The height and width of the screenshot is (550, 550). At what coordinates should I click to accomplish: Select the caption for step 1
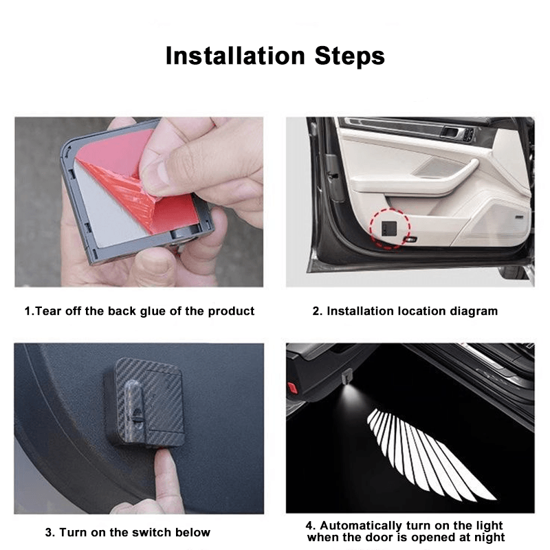click(140, 311)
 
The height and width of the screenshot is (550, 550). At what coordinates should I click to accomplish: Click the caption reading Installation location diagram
click(405, 311)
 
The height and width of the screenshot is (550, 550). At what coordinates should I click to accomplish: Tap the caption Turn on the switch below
click(127, 531)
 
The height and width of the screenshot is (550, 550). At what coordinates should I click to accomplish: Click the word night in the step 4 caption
click(488, 537)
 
